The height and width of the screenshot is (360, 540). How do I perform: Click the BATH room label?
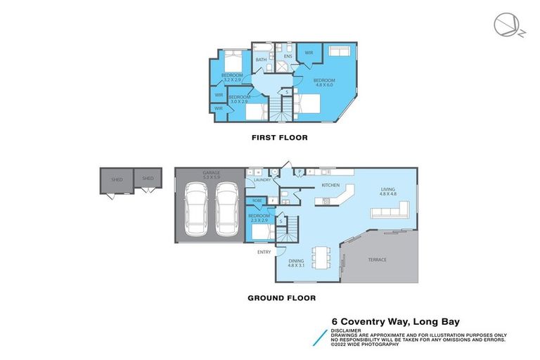(261, 60)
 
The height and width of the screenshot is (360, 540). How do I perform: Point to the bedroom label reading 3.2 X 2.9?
(232, 77)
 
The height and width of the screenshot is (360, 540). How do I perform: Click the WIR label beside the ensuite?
(309, 53)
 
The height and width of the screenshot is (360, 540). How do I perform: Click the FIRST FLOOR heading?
(280, 138)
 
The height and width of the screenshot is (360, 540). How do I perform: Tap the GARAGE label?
(212, 174)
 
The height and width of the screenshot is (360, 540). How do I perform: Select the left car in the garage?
(196, 211)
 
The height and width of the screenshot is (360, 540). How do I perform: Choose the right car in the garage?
(228, 211)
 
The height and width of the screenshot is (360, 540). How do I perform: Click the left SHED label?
(117, 179)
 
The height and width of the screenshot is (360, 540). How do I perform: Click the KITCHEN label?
(330, 185)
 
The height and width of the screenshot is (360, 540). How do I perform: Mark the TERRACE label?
(377, 259)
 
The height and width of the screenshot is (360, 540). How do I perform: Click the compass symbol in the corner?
(506, 25)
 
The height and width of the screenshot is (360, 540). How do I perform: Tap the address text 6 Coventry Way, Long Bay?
(395, 323)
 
